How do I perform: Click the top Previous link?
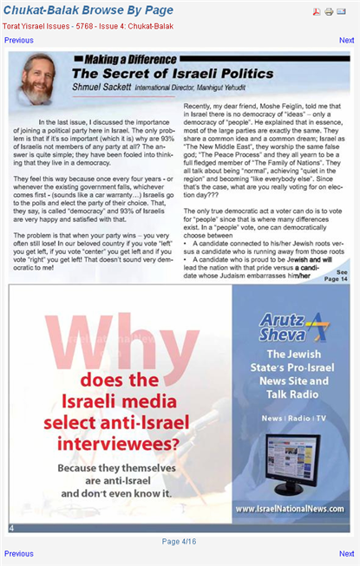pyautogui.click(x=19, y=41)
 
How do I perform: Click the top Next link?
pyautogui.click(x=346, y=41)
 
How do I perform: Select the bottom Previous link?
pyautogui.click(x=19, y=553)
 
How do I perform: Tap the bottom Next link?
pyautogui.click(x=346, y=553)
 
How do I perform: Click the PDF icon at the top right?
pyautogui.click(x=317, y=11)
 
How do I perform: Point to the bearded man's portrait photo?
pyautogui.click(x=36, y=79)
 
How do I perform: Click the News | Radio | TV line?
pyautogui.click(x=291, y=418)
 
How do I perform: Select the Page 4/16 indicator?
pyautogui.click(x=180, y=541)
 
